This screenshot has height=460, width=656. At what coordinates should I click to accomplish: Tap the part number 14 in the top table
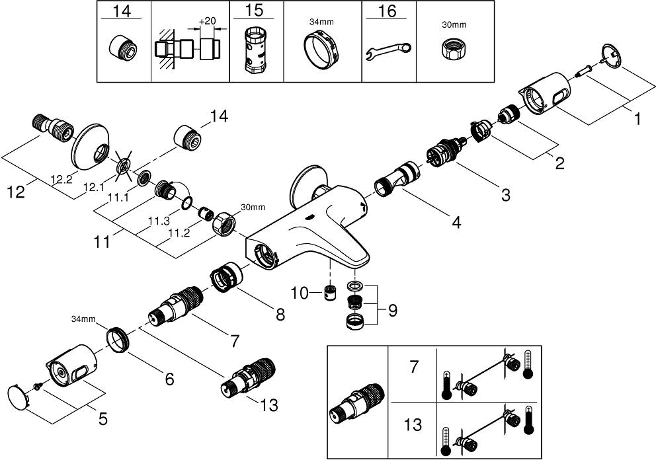pyautogui.click(x=124, y=12)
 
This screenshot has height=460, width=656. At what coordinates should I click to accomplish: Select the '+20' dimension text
pyautogui.click(x=207, y=20)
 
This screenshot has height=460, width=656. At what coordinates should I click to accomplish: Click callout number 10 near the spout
pyautogui.click(x=301, y=293)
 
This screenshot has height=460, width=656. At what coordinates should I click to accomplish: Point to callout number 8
pyautogui.click(x=280, y=315)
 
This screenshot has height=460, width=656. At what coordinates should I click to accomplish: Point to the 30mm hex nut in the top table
pyautogui.click(x=453, y=48)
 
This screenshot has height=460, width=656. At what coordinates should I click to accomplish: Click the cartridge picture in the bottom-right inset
pyautogui.click(x=358, y=404)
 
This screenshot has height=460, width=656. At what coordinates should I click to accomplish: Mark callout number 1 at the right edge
pyautogui.click(x=637, y=120)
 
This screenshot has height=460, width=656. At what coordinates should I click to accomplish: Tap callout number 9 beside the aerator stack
pyautogui.click(x=392, y=309)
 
